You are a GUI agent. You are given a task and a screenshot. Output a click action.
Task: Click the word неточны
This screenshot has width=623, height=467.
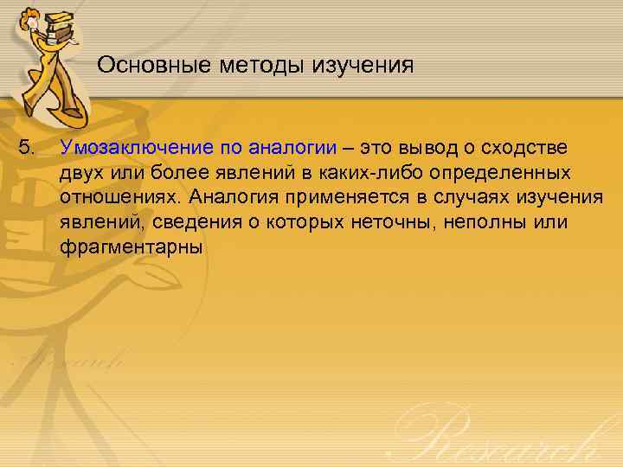click(x=393, y=222)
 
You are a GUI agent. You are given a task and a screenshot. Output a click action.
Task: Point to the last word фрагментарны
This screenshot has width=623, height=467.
click(x=130, y=248)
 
